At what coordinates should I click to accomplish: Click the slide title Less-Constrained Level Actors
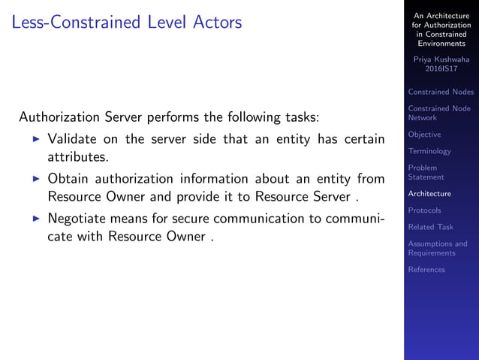pos(127,23)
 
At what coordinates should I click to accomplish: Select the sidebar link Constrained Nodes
pos(441,92)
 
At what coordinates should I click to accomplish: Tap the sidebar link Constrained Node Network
pos(439,113)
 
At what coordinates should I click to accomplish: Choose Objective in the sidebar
pos(424,135)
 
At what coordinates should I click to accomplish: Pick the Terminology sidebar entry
pos(429,151)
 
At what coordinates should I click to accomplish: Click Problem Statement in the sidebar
pos(426,172)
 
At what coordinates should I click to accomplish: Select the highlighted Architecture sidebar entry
pos(429,194)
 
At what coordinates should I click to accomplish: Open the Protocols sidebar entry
pos(424,210)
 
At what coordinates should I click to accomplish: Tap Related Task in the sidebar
pos(430,227)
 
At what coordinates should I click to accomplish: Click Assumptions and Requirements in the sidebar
pos(437,248)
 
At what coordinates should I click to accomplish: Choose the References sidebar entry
pos(426,270)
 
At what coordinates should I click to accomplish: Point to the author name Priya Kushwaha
pos(441,58)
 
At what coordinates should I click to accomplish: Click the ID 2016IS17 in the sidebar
pos(441,68)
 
